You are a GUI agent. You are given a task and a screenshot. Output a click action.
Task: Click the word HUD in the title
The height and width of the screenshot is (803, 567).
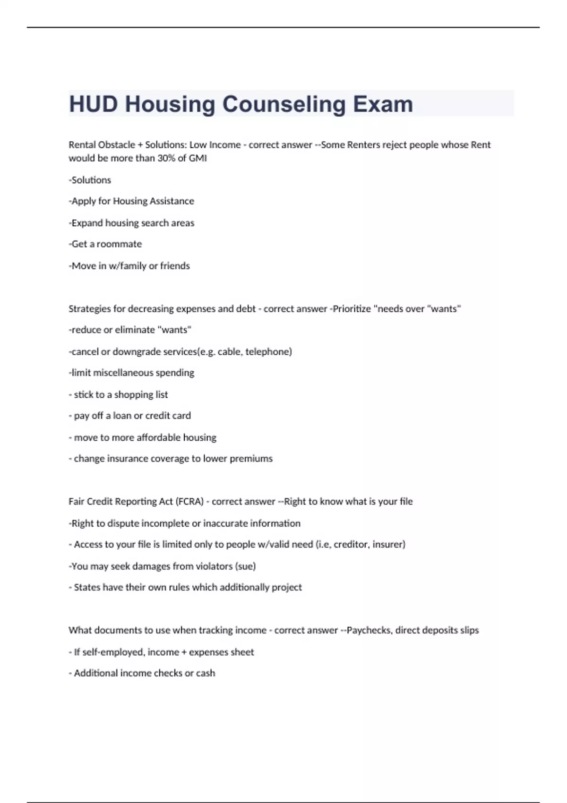point(93,104)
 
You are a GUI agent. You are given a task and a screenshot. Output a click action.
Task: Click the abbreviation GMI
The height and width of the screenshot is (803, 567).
point(198,158)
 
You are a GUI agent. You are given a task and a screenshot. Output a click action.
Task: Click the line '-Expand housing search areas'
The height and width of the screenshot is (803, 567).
point(131,223)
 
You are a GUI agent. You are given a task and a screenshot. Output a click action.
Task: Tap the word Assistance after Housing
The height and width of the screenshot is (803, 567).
point(172,201)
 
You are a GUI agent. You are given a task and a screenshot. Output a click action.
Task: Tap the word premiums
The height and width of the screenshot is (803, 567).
point(251,459)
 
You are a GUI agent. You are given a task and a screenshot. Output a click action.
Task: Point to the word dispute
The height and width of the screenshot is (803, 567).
point(124,523)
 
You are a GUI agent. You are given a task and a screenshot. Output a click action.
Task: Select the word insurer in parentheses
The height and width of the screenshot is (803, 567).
point(388,545)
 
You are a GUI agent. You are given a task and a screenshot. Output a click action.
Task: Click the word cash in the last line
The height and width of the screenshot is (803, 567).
point(206,673)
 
